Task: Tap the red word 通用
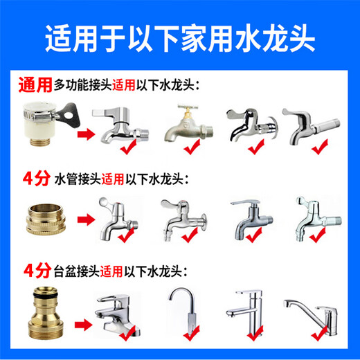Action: click(34, 85)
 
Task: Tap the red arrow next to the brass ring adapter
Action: click(85, 221)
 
